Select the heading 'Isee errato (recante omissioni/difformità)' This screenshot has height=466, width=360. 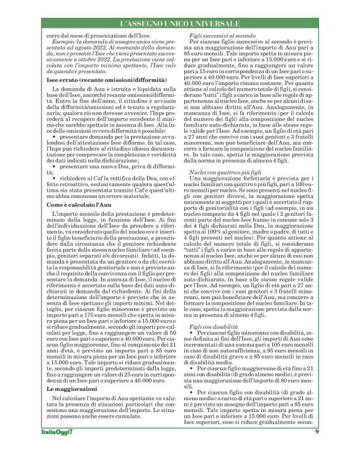click(96, 81)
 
